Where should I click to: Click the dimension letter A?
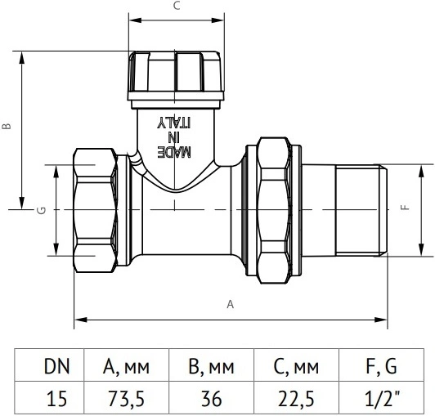click(x=231, y=304)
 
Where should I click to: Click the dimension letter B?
click(x=7, y=126)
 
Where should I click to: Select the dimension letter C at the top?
click(x=177, y=6)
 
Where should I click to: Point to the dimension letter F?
click(x=406, y=207)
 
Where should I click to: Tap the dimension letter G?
click(x=42, y=211)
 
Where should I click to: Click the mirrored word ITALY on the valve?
click(x=174, y=123)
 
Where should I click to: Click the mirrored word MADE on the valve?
click(x=174, y=152)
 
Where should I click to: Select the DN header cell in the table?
click(x=56, y=366)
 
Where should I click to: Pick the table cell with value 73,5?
click(x=126, y=398)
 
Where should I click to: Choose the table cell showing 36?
click(x=212, y=398)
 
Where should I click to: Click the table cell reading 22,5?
click(x=296, y=398)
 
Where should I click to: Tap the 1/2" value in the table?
click(x=382, y=398)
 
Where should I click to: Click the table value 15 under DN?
click(x=56, y=399)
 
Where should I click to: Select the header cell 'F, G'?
click(x=382, y=366)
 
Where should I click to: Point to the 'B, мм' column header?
click(x=212, y=366)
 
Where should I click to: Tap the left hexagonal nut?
click(x=96, y=210)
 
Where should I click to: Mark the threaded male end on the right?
click(x=361, y=210)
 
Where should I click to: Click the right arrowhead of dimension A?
click(x=381, y=320)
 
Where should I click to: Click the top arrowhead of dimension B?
click(x=21, y=57)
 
